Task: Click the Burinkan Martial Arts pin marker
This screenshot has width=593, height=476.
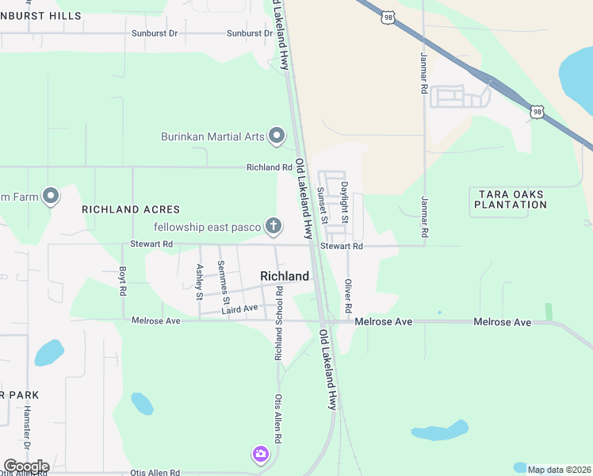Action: coord(277,136)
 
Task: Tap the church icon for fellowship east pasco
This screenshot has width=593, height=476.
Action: coord(274,227)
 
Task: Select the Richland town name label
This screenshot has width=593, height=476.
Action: coord(285,276)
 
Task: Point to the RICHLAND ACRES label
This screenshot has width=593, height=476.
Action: coord(131,209)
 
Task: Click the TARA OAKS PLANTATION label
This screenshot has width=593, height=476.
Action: coord(511,199)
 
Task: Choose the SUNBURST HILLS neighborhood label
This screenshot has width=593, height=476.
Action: coord(40,16)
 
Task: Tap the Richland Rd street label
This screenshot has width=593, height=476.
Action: coord(269,167)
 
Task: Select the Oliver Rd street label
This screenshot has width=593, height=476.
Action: coord(347,295)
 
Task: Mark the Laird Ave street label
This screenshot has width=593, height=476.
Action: coord(240,308)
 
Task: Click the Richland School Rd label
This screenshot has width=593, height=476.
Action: coord(279,325)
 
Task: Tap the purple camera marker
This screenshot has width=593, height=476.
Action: coord(260,454)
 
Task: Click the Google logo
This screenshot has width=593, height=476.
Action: coord(26,466)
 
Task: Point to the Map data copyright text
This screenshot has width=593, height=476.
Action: coord(559,470)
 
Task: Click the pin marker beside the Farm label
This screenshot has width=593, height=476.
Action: coord(51,195)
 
